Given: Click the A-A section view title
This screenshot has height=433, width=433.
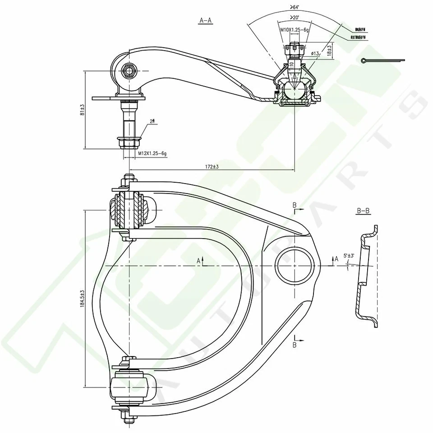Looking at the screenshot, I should [205, 20].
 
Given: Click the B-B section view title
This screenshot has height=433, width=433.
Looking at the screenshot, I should [363, 211].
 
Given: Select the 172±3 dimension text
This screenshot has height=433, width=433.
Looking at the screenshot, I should [212, 167].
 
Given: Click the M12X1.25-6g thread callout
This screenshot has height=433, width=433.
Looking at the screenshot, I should [152, 154].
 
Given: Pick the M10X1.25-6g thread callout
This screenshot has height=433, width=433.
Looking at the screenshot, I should [294, 29].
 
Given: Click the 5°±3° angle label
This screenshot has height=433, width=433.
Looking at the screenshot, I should [350, 256].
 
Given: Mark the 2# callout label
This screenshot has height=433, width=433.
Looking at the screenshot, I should [152, 121].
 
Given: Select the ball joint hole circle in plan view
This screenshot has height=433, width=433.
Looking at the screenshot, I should [295, 265].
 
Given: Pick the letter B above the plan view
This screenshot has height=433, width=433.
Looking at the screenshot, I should [295, 206].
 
